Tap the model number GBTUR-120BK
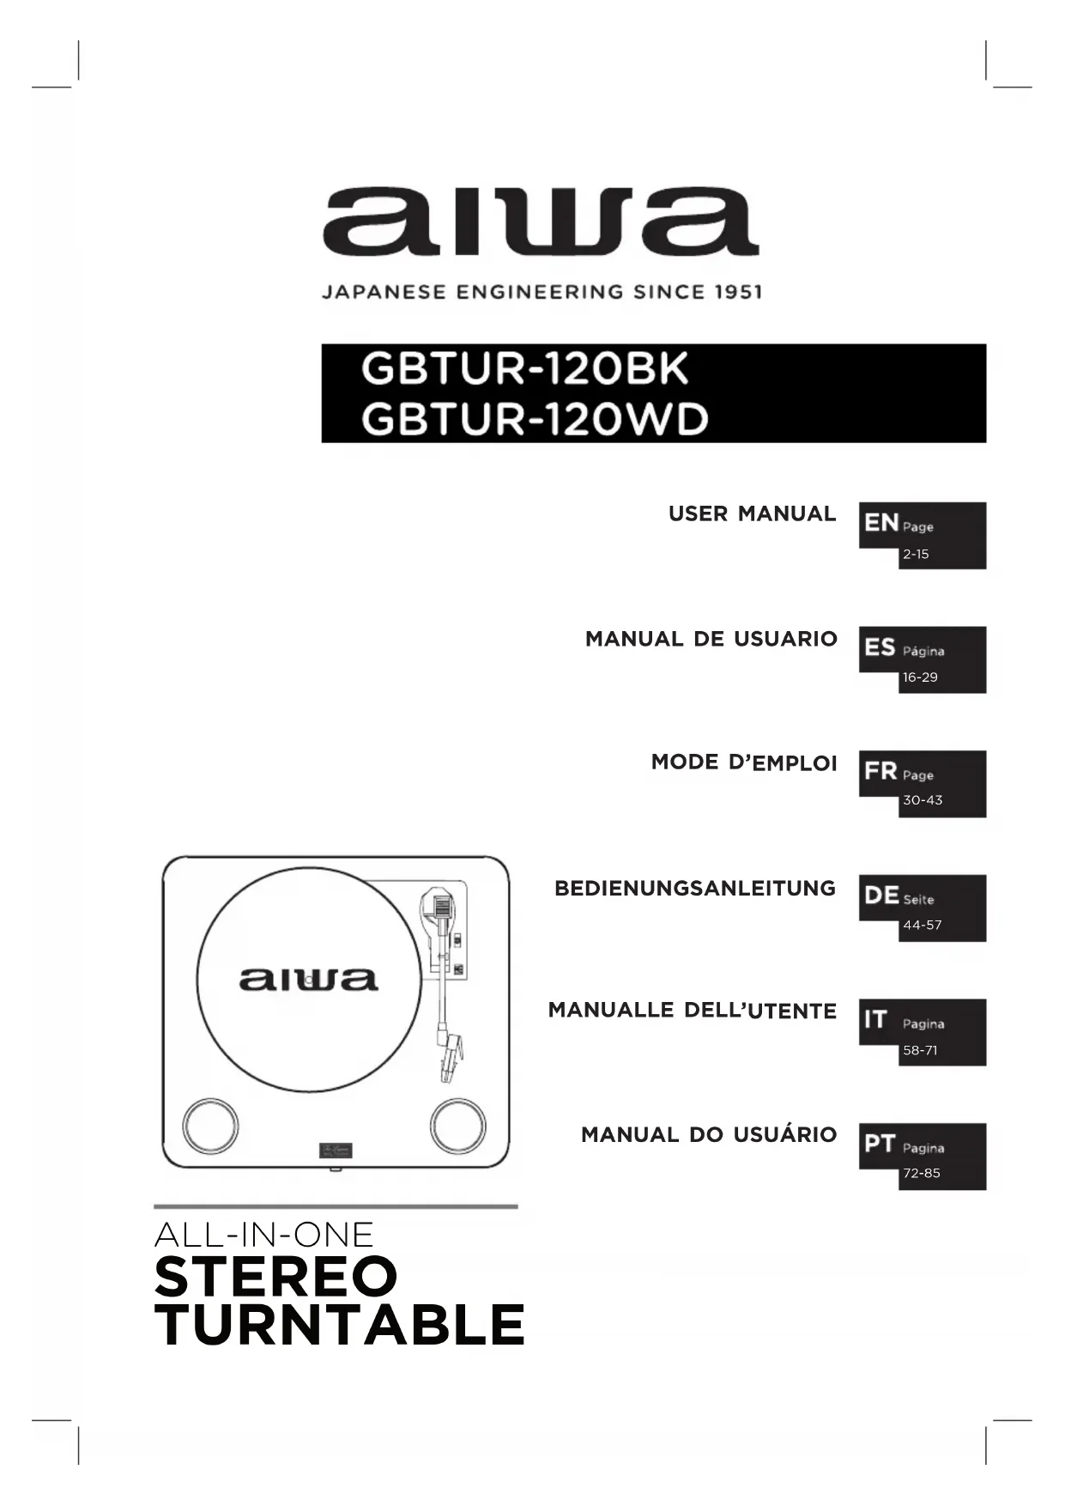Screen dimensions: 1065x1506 tap(524, 369)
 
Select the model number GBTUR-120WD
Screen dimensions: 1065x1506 tap(535, 419)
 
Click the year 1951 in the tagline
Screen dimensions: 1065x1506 tap(738, 292)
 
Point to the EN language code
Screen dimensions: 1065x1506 tap(880, 522)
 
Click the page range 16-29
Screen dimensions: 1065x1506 tap(920, 677)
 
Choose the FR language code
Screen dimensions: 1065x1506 tap(880, 770)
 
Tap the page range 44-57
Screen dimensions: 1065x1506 tap(923, 926)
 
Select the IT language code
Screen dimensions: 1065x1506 tap(875, 1019)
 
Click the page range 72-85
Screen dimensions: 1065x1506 tap(922, 1174)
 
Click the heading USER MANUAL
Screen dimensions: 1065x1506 tap(752, 513)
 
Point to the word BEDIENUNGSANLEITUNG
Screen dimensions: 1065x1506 tap(695, 888)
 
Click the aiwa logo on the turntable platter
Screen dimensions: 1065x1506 tap(308, 979)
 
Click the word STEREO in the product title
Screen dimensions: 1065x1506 tap(276, 1277)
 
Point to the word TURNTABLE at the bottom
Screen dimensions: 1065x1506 tap(340, 1325)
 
